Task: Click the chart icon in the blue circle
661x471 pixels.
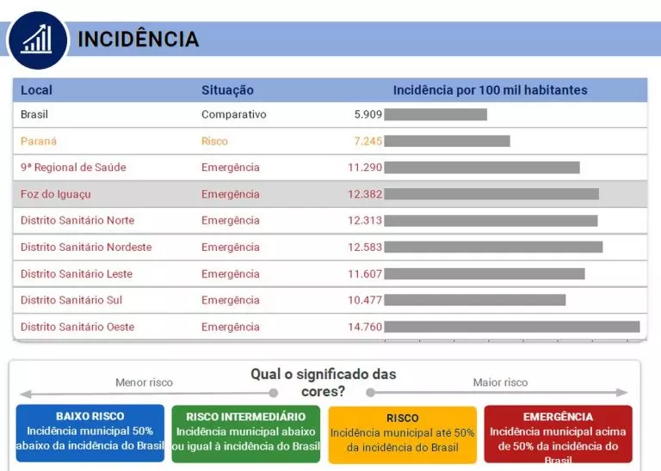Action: (x=37, y=40)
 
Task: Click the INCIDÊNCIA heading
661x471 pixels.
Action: (x=138, y=40)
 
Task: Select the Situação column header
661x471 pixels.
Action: (x=227, y=90)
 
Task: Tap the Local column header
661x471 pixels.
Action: (x=36, y=90)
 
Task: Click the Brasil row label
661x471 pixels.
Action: (x=34, y=114)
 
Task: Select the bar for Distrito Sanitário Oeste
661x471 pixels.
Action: (x=511, y=327)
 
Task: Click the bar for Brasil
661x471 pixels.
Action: (x=435, y=114)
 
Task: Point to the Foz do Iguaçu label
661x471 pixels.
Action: (x=55, y=194)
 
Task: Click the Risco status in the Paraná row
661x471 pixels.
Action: (x=214, y=141)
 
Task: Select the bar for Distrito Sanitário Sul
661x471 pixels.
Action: (x=474, y=300)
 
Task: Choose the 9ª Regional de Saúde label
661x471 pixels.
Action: (x=73, y=168)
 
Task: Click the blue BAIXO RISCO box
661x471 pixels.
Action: (x=90, y=432)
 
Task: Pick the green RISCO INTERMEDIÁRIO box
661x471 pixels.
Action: (x=245, y=432)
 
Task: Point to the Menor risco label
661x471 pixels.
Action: (x=144, y=382)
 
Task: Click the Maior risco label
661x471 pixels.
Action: (x=500, y=382)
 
